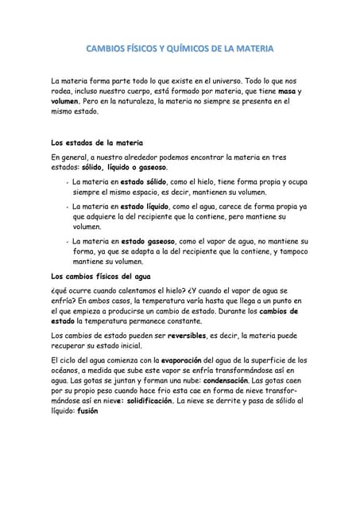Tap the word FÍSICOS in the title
(x=140, y=49)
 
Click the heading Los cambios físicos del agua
(x=100, y=276)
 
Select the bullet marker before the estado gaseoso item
(x=65, y=240)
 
